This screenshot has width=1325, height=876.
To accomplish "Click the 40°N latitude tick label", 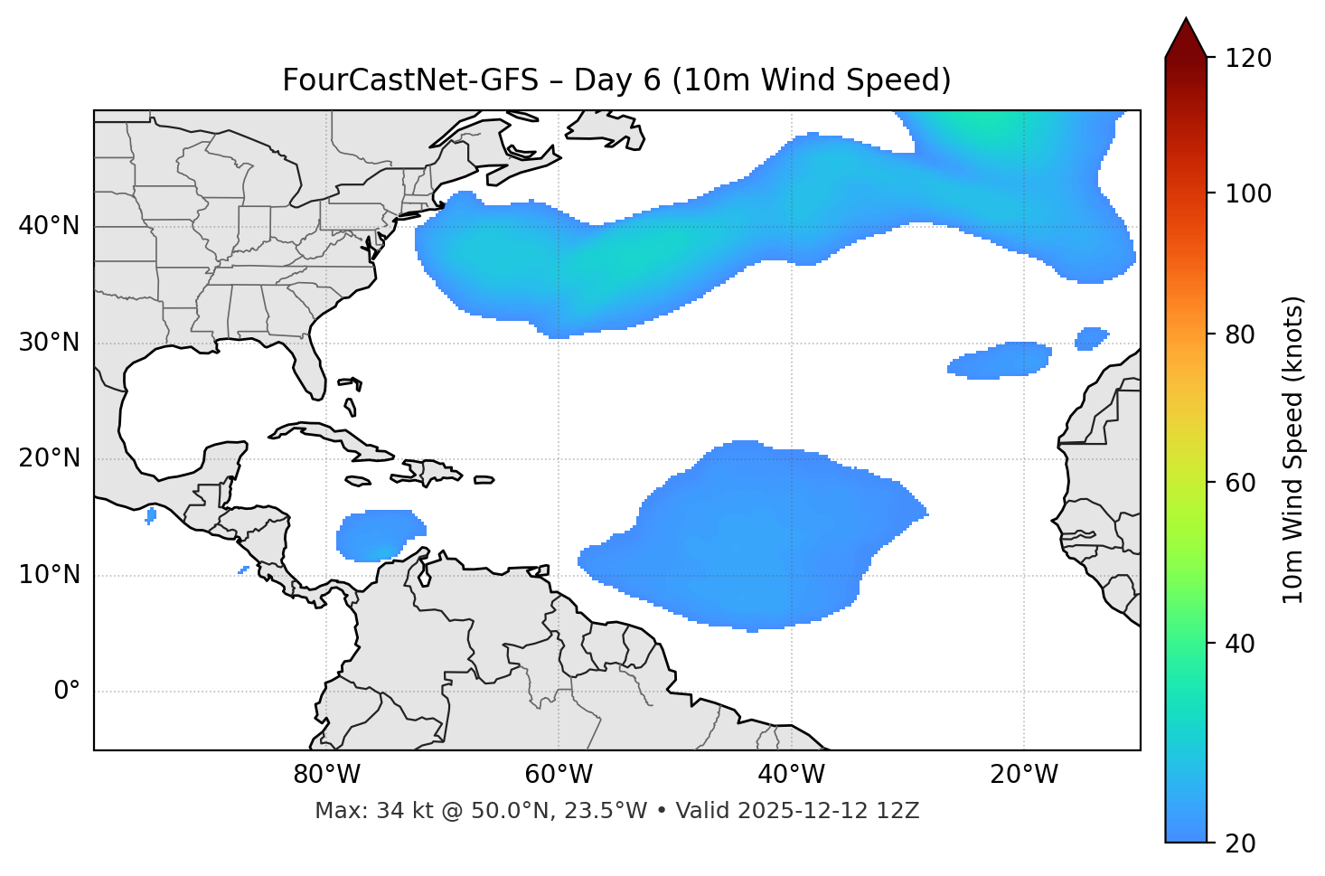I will click(x=49, y=226).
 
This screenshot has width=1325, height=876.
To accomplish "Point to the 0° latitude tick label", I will click(x=67, y=692).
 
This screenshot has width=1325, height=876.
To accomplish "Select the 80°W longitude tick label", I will click(x=326, y=775).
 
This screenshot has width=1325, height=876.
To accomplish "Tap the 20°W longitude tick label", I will click(x=1024, y=775).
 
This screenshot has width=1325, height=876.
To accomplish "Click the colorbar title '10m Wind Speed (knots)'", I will click(x=1293, y=449).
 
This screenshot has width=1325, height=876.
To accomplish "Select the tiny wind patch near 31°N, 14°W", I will click(x=1092, y=338).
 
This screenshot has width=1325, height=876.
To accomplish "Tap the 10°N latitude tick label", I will click(x=49, y=575).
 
